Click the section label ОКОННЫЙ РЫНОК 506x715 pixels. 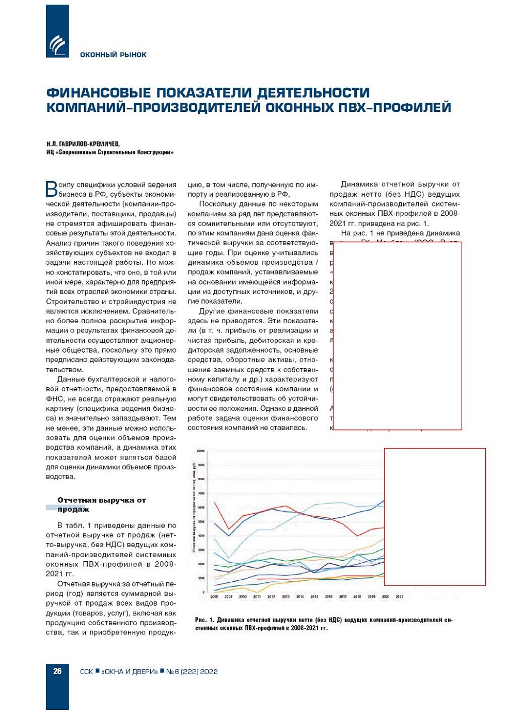(x=113, y=55)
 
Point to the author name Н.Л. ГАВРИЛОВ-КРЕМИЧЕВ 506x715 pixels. (x=83, y=144)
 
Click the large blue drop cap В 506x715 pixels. (x=52, y=189)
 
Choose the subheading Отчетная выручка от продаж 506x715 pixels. (x=101, y=505)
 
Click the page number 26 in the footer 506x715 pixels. (x=57, y=671)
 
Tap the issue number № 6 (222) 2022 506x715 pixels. (x=192, y=672)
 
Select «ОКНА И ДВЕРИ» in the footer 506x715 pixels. (x=130, y=672)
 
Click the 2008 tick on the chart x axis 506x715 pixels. (x=214, y=596)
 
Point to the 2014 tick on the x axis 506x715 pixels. (x=300, y=596)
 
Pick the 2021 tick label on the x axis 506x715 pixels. (x=399, y=596)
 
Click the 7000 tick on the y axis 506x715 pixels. (x=201, y=493)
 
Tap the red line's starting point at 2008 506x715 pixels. (x=214, y=502)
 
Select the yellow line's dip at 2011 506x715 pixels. (x=257, y=592)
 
